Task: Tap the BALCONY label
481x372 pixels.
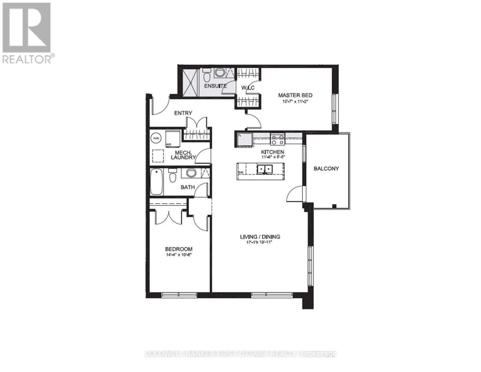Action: [x=326, y=169]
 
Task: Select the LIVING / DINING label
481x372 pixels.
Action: [x=260, y=237]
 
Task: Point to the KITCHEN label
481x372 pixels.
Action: [x=272, y=152]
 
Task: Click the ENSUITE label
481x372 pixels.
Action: [x=215, y=86]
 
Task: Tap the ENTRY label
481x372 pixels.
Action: [x=183, y=113]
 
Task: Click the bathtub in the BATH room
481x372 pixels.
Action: [x=157, y=182]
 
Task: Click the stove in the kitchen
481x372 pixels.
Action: [x=278, y=139]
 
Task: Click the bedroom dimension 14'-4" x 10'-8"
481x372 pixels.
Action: [x=178, y=255]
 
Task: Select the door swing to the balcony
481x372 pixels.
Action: [x=294, y=193]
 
